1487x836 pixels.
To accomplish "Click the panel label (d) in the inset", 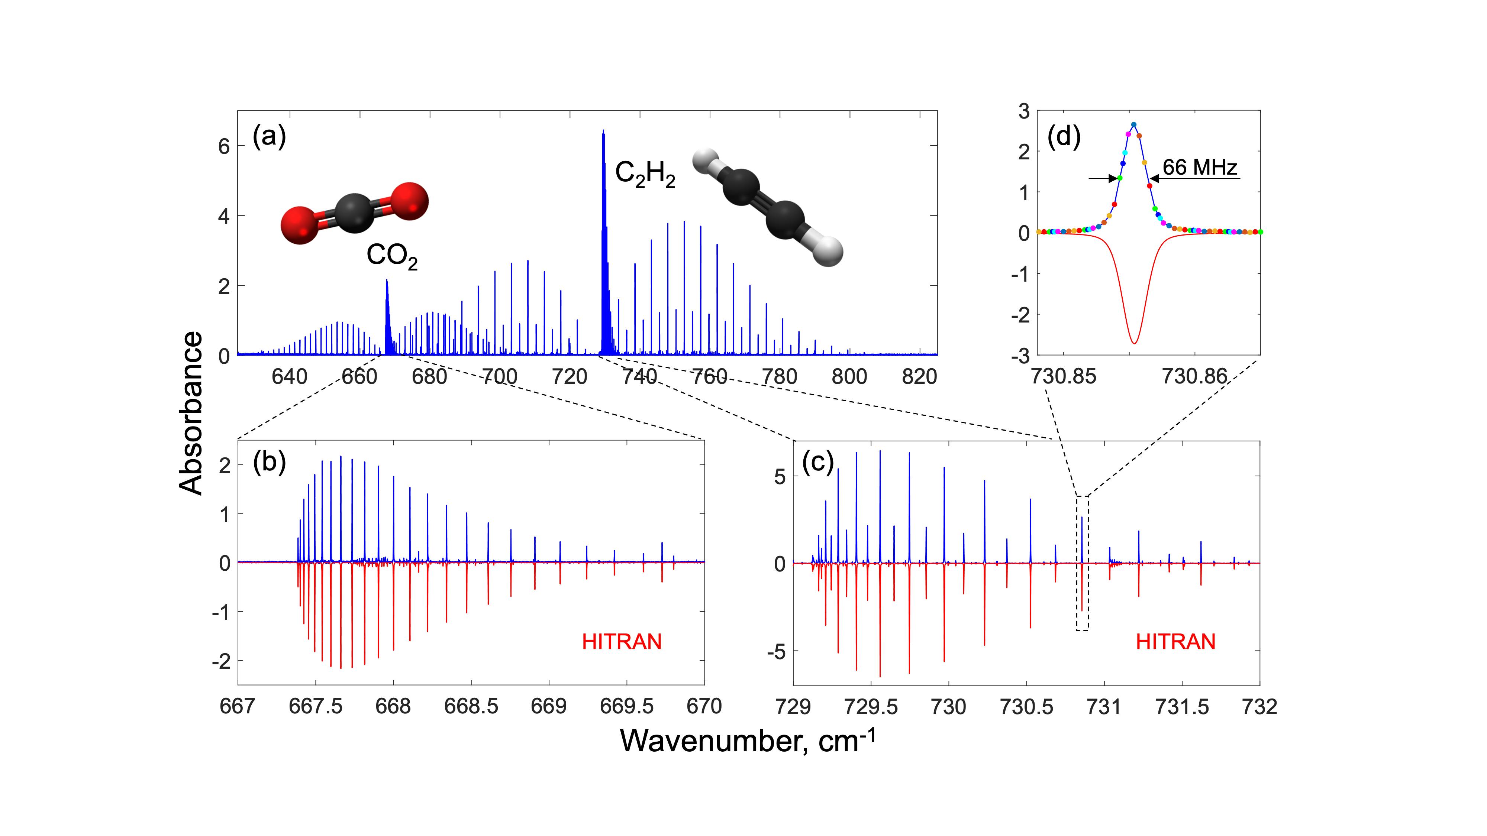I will coord(1063,137).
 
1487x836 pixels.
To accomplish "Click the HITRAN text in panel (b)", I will coord(621,642).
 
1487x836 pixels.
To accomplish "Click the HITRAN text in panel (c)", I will coord(1175,642).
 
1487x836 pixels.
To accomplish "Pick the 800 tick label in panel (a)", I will coord(849,377).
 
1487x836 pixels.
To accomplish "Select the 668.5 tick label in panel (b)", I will coord(471,706).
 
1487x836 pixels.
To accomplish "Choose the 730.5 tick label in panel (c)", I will coord(1026,706).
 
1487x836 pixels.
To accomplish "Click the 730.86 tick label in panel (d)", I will coord(1194,377).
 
